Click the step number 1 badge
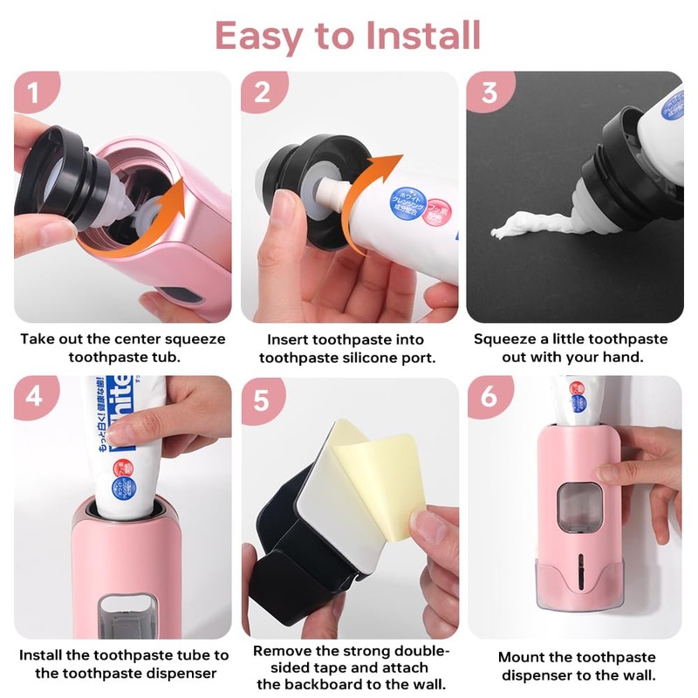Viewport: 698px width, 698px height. (x=35, y=93)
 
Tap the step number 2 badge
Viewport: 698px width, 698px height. (x=262, y=93)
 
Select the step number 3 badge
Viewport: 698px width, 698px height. (x=489, y=93)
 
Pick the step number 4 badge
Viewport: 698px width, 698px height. (x=35, y=397)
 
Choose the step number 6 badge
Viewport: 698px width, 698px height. (x=489, y=397)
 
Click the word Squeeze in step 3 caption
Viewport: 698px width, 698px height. (x=509, y=339)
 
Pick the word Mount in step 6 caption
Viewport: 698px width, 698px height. (x=522, y=656)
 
